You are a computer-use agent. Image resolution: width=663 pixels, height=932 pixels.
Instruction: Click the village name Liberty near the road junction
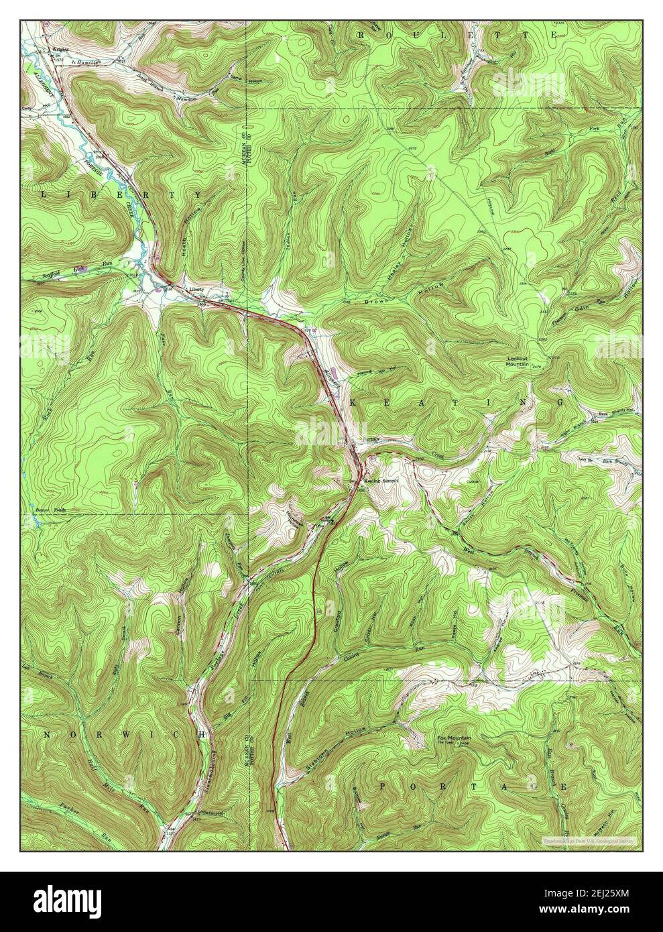tap(196, 289)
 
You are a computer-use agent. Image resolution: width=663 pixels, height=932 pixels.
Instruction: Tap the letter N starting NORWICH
tap(47, 735)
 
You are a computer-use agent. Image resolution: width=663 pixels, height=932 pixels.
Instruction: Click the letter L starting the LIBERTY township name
tap(44, 194)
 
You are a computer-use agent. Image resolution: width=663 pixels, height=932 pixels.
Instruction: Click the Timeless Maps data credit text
tap(590, 839)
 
